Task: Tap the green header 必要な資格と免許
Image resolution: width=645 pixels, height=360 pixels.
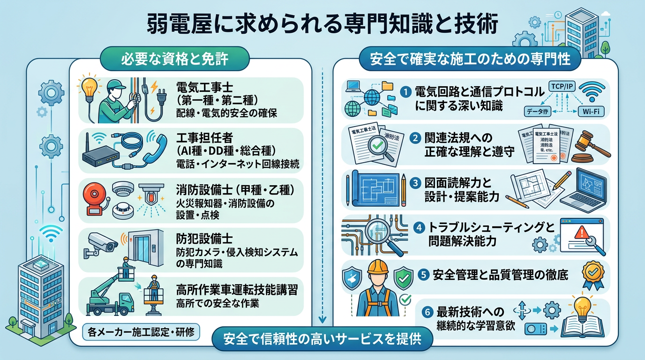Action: pos(175,59)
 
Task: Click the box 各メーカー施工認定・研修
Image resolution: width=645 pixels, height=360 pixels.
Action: pos(141,333)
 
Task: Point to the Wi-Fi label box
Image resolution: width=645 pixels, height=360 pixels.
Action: pos(591,111)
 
